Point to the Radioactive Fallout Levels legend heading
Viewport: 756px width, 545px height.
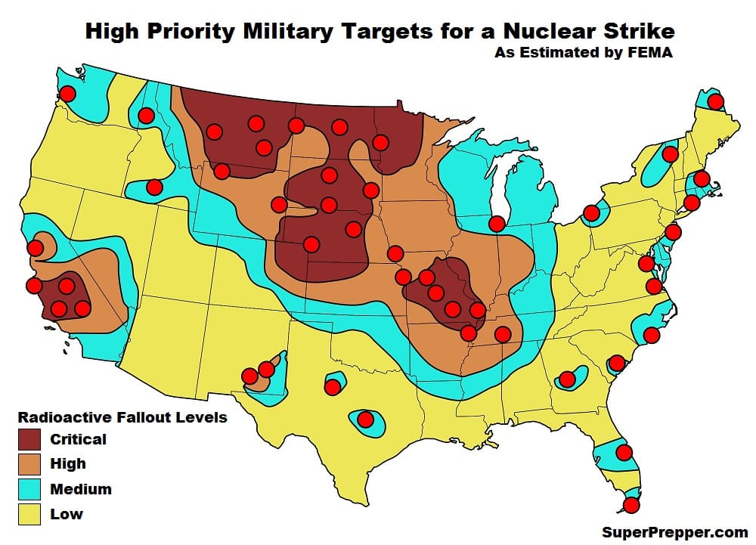point(122,417)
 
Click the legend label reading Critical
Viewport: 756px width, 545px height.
point(78,439)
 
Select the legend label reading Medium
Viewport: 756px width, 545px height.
point(80,489)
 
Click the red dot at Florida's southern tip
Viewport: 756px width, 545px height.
point(631,505)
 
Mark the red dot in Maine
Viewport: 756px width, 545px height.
point(714,101)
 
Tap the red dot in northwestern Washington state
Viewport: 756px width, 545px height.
point(68,94)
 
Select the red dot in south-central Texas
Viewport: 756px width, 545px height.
point(366,420)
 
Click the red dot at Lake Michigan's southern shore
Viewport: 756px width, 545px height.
point(497,224)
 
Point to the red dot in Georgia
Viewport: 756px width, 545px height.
point(567,379)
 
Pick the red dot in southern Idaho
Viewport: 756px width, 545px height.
point(154,187)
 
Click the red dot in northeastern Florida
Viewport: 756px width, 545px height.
point(624,452)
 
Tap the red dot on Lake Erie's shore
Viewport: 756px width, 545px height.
point(591,214)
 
